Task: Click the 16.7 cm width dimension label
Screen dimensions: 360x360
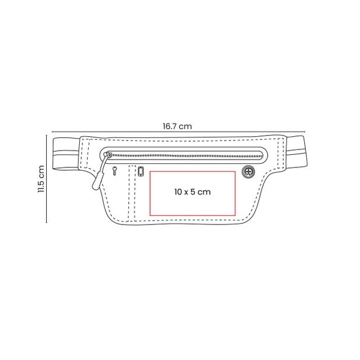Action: (177, 126)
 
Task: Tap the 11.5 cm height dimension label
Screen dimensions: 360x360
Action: (41, 179)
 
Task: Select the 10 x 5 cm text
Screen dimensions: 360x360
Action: (193, 192)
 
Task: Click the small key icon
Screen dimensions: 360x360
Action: (115, 171)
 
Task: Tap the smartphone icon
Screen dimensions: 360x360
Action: (141, 171)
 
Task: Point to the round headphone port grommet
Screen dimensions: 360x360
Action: (248, 172)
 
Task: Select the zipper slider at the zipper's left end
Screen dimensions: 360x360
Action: (107, 155)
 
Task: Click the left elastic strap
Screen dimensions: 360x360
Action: (66, 154)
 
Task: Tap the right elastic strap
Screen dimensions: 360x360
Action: (296, 152)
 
